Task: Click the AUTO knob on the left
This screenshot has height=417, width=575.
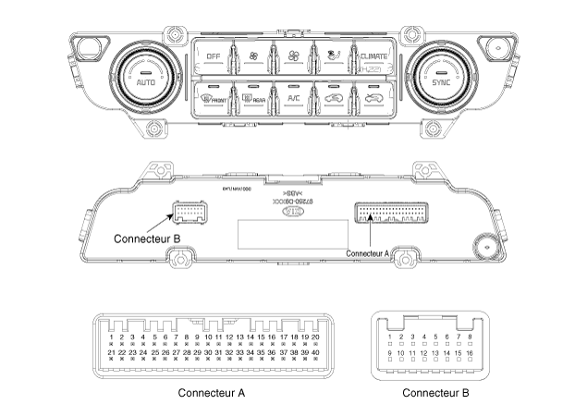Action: (145, 78)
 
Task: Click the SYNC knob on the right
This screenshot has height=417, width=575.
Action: (437, 78)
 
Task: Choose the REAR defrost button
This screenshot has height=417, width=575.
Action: (252, 97)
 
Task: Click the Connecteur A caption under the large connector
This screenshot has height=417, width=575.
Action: (212, 392)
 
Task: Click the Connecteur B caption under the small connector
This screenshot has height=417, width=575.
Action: (435, 392)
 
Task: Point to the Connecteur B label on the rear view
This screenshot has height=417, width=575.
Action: (146, 238)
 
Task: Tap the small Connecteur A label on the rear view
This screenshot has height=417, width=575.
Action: (373, 251)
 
